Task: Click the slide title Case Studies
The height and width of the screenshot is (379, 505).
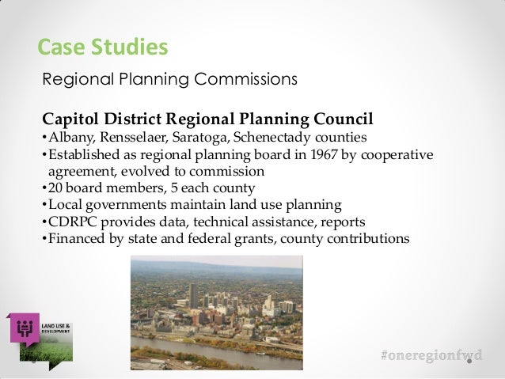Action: click(x=103, y=47)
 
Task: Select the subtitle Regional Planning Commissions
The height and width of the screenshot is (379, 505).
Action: click(x=169, y=80)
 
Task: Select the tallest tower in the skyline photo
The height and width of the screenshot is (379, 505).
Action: click(x=193, y=298)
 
